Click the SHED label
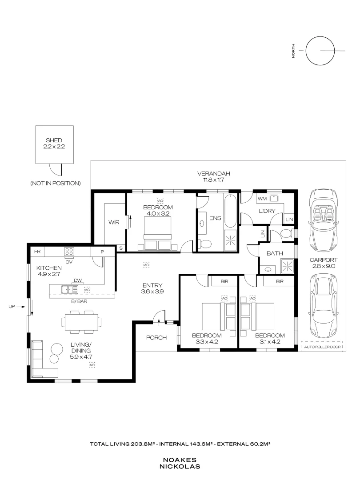click(54, 140)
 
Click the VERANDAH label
click(214, 174)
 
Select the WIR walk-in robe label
click(114, 222)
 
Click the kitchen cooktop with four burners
click(69, 251)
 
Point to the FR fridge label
click(37, 252)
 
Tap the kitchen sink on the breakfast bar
click(70, 289)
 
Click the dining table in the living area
click(81, 322)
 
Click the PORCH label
click(156, 338)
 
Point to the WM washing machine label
click(262, 199)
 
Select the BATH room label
click(275, 253)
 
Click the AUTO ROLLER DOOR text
click(322, 347)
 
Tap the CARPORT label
click(324, 260)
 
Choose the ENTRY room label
click(152, 285)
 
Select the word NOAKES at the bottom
click(180, 460)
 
